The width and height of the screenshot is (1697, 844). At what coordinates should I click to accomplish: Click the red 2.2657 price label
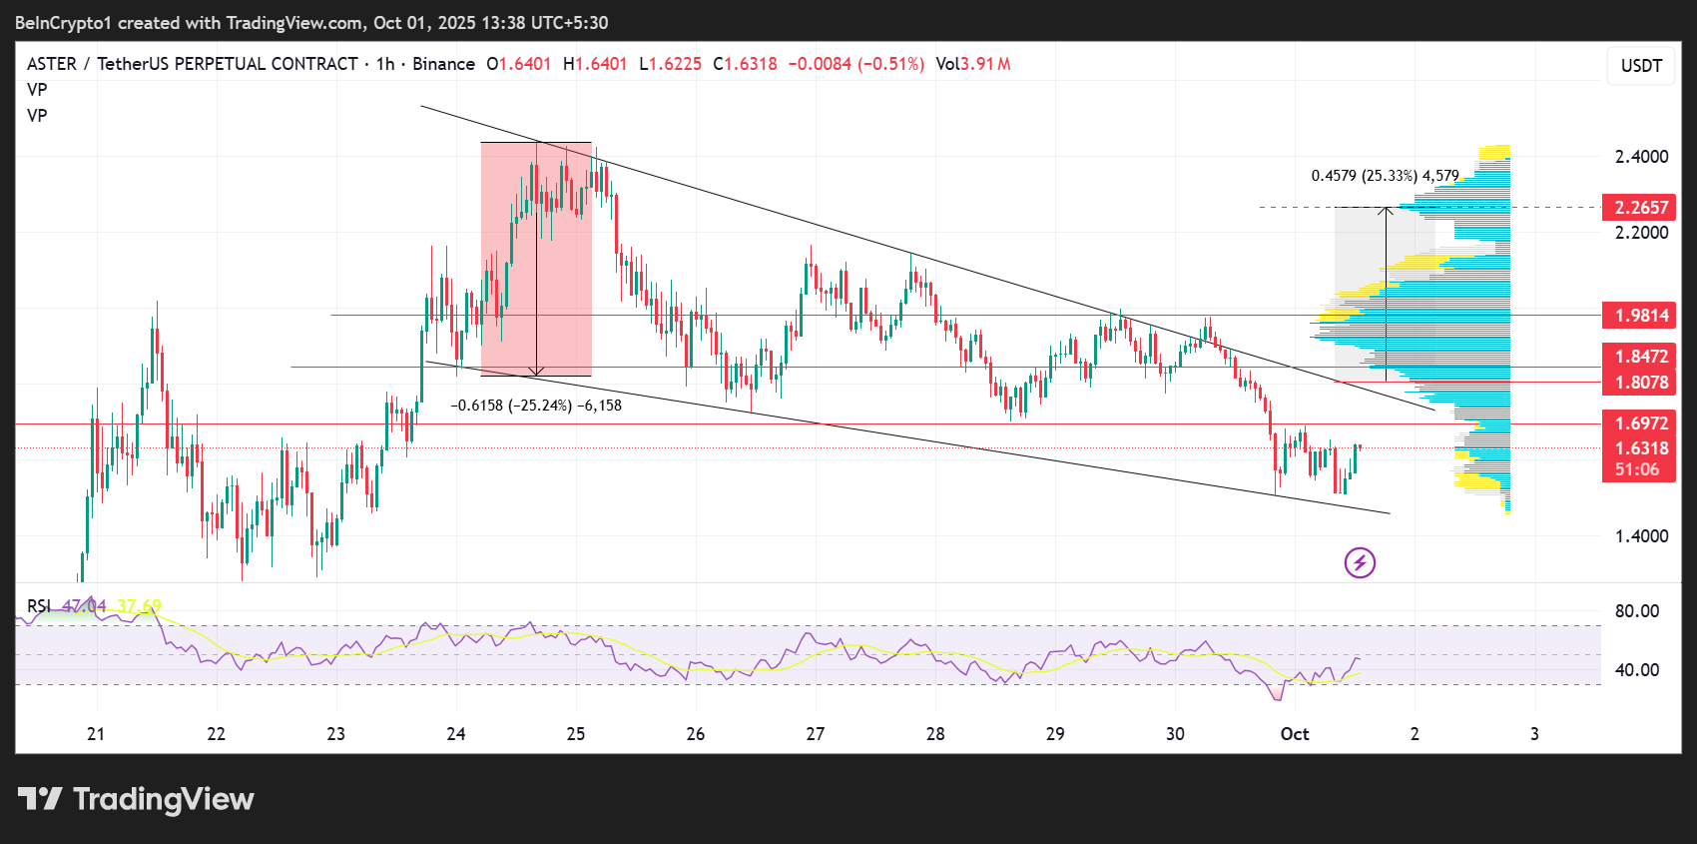1641,208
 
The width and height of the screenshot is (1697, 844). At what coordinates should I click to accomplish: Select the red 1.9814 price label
1641,316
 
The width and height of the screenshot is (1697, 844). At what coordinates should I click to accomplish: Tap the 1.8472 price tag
1641,357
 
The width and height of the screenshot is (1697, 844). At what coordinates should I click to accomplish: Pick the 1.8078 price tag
1641,383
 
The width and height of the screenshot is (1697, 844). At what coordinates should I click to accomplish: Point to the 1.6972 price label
1641,423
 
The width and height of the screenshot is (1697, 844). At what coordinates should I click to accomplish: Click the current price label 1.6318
1641,448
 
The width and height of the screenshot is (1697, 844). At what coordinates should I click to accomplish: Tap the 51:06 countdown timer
1637,469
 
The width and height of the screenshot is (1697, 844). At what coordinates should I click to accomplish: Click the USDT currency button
1641,66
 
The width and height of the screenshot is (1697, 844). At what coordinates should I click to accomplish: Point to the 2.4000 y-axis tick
1641,157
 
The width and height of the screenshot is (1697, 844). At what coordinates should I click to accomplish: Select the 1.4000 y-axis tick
1641,536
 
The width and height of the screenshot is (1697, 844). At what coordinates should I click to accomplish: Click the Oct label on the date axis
1295,734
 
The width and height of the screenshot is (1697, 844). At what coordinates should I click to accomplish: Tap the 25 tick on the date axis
576,734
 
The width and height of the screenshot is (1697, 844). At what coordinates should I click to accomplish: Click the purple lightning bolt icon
1360,563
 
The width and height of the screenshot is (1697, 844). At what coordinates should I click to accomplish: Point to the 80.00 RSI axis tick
1637,611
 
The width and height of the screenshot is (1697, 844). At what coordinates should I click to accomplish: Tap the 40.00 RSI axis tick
1637,670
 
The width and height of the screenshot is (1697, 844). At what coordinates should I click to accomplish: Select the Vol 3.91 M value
973,64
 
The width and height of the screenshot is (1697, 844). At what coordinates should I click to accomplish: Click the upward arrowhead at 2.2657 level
1386,211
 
